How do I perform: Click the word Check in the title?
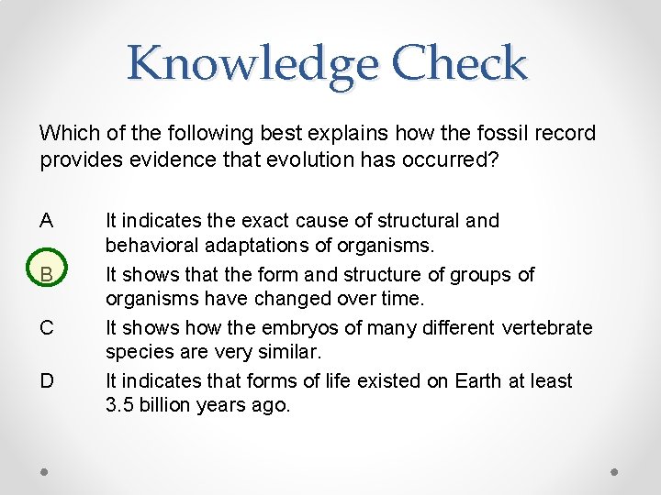point(459,63)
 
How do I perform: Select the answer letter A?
point(47,221)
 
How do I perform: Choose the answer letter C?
point(47,327)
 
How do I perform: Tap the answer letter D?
point(47,380)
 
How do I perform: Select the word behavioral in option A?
point(147,247)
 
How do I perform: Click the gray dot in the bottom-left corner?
point(45,472)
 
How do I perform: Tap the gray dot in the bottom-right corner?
point(615,472)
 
